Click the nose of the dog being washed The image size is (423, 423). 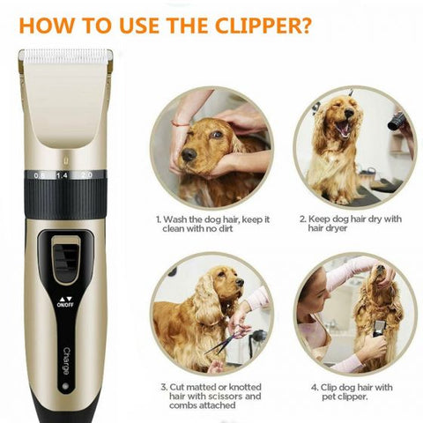tap(189, 154)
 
